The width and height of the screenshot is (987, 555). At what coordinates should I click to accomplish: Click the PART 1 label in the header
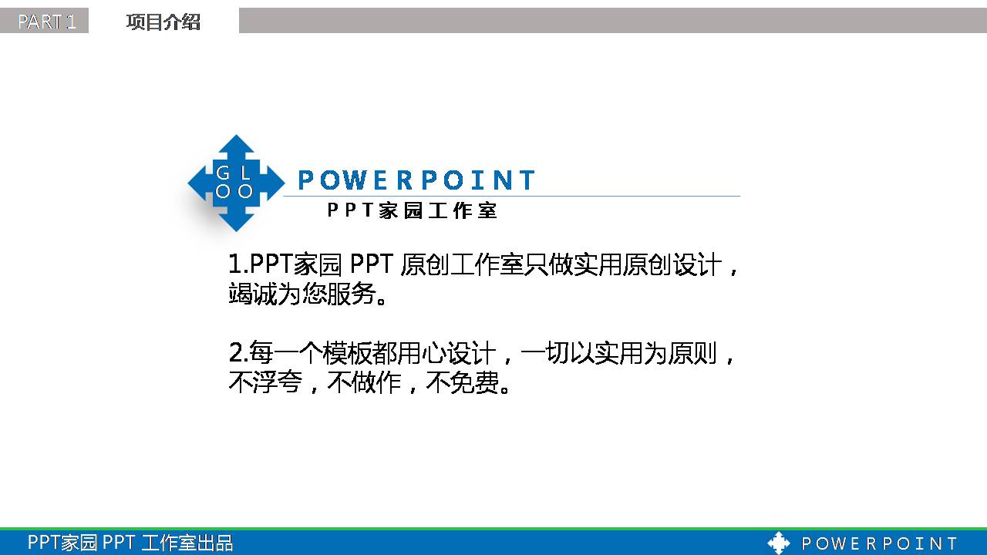46,22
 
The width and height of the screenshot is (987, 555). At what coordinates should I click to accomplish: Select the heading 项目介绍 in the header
163,22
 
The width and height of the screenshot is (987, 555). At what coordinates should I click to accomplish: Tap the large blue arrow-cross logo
235,183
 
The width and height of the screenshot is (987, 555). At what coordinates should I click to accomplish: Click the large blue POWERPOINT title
416,180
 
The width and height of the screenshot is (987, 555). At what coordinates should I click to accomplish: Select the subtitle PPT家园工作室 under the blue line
413,210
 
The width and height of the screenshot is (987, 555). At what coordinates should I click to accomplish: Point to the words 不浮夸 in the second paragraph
265,383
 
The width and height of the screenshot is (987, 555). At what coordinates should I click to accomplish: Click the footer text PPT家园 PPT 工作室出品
130,543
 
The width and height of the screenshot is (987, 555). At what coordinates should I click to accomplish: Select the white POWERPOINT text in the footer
879,543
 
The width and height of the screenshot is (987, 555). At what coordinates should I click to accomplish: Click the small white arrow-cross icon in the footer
779,543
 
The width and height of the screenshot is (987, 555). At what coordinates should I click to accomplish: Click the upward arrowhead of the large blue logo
235,146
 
